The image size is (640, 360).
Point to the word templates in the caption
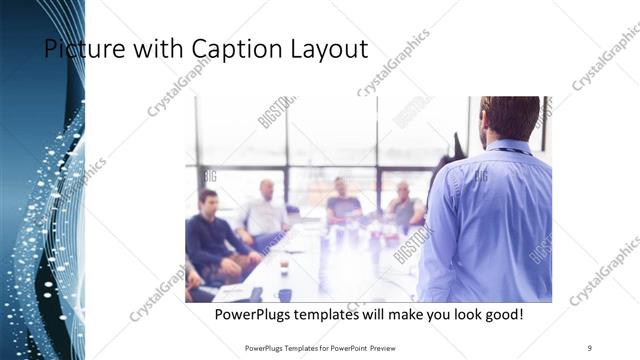(x=343, y=315)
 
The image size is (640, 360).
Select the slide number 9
(x=590, y=347)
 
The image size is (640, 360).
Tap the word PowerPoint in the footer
(x=341, y=347)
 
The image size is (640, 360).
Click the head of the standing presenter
(x=510, y=117)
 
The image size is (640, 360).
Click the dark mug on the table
(x=285, y=294)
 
